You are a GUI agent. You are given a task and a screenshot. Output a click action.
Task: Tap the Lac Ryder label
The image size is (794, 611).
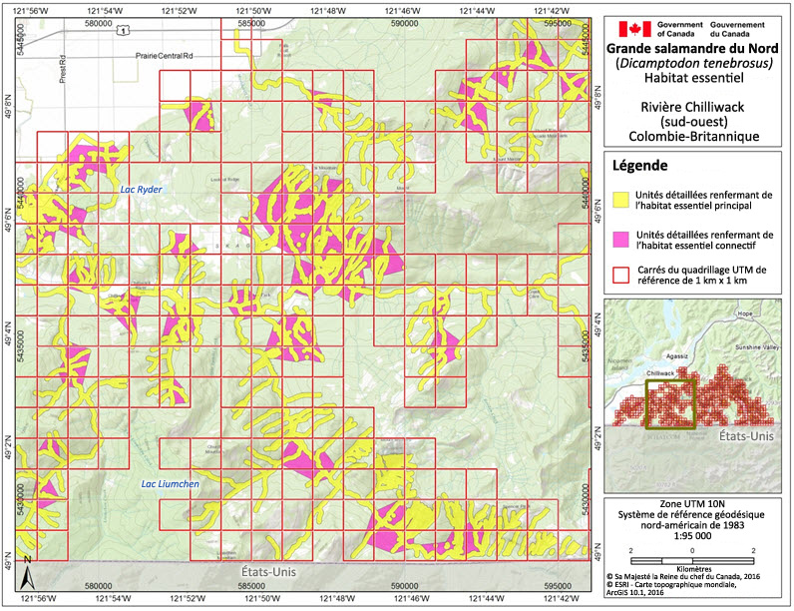click(141, 189)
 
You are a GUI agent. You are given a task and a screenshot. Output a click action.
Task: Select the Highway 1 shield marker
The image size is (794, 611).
click(122, 31)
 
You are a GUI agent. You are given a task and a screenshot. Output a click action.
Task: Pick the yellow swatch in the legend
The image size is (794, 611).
click(623, 200)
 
